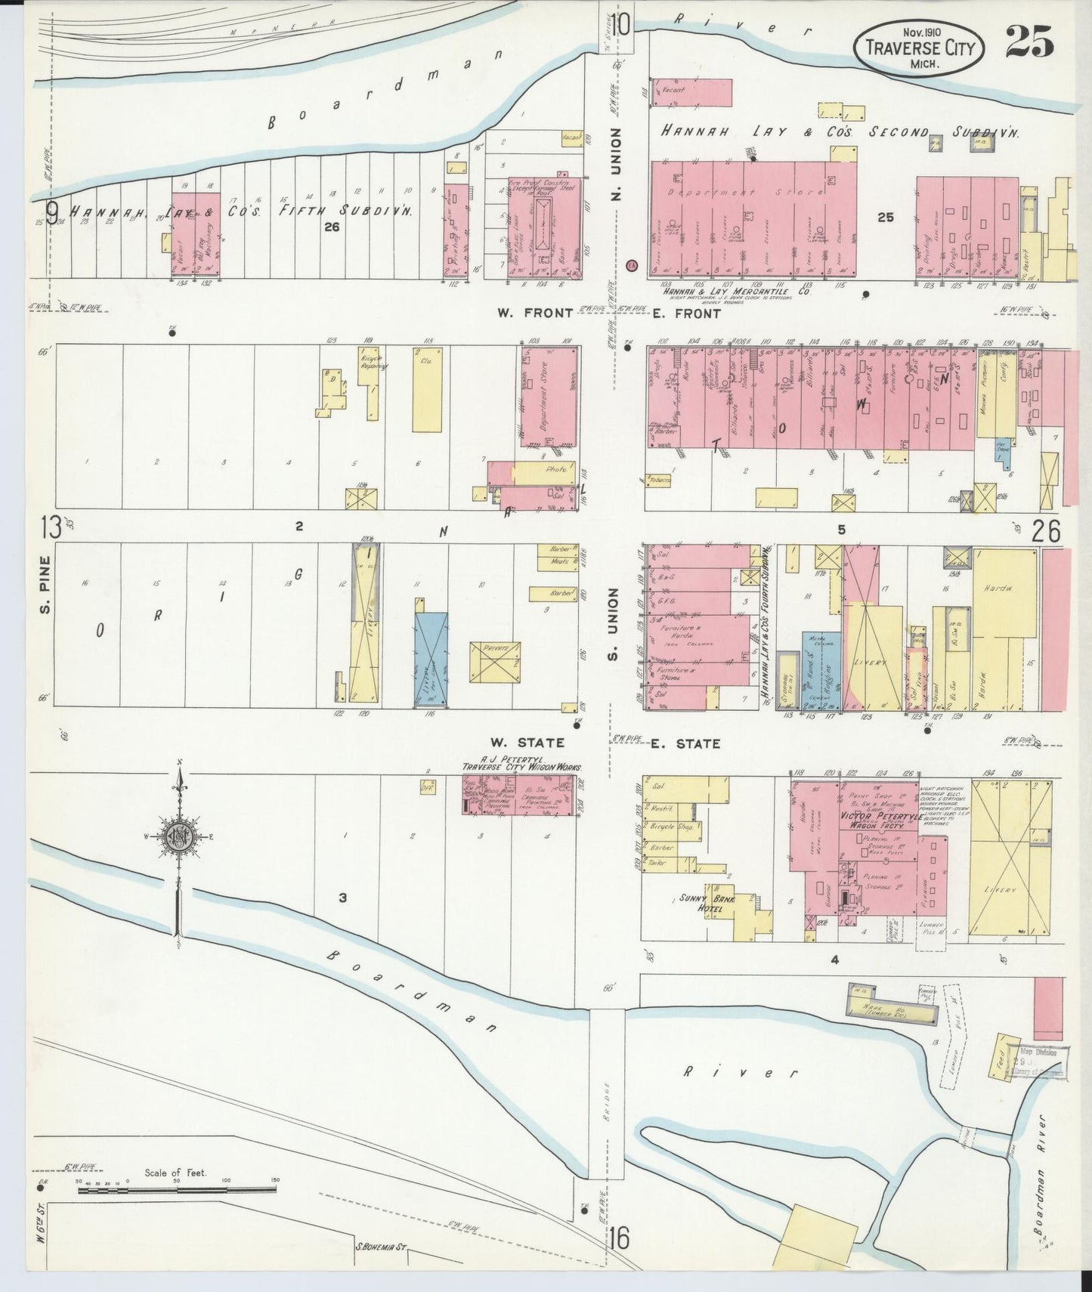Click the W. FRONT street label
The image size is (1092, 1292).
[x=534, y=313]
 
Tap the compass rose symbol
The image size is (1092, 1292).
[x=179, y=836]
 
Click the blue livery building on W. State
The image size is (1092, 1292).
[x=431, y=654]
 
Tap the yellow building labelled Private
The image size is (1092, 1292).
[x=495, y=662]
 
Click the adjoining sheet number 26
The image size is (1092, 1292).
[x=1046, y=531]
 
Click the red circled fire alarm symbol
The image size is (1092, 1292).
[x=633, y=265]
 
